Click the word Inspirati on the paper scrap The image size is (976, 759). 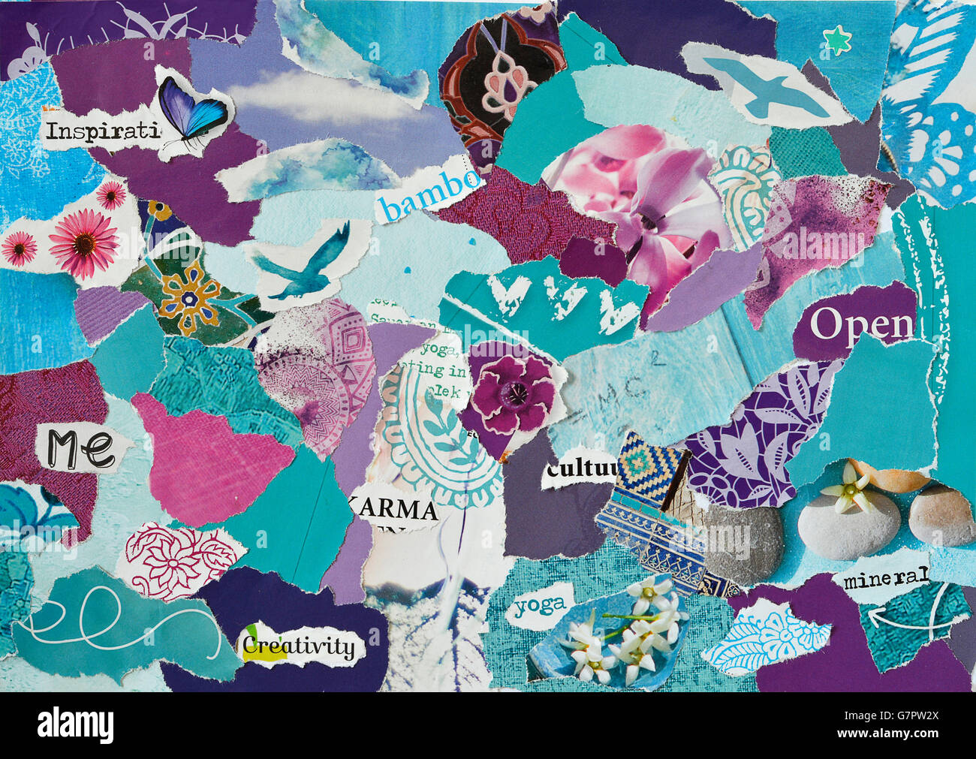(102, 131)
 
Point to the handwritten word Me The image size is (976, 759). (81, 447)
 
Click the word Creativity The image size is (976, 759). (298, 646)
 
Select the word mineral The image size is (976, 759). (886, 579)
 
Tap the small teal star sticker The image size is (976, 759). (836, 40)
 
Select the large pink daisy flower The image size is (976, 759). (84, 242)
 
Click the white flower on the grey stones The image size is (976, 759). (851, 487)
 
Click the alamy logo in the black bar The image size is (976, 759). (76, 726)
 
